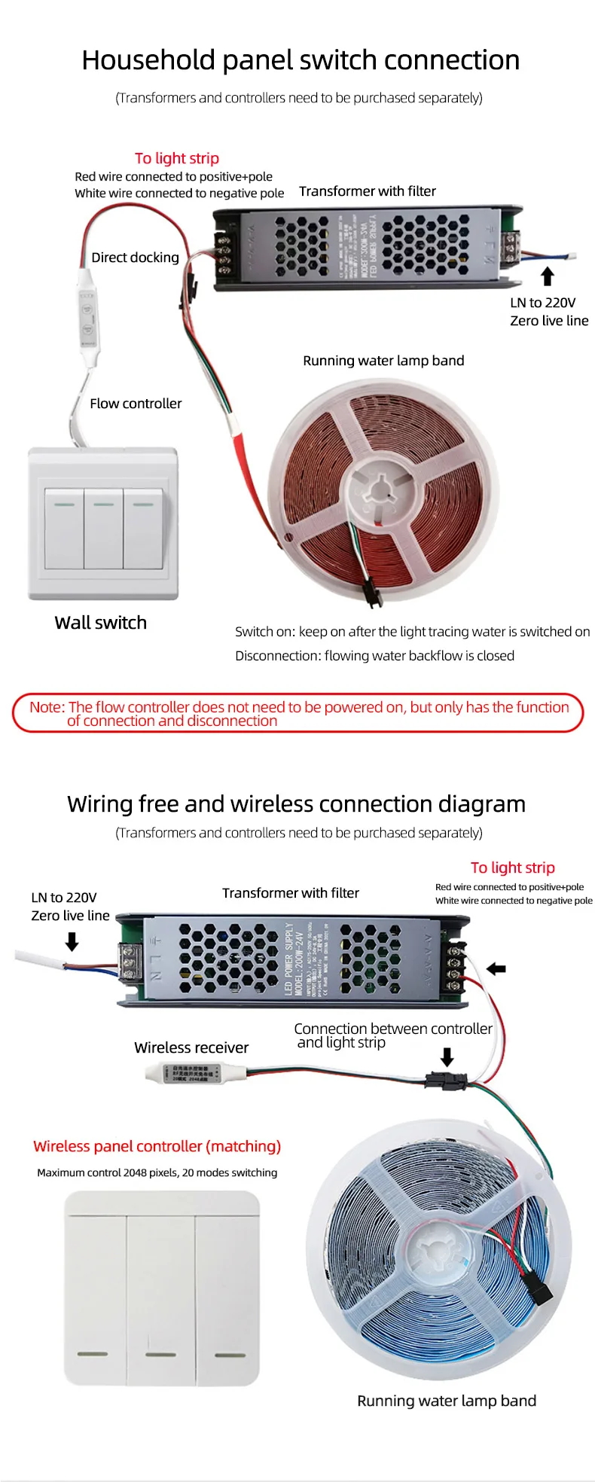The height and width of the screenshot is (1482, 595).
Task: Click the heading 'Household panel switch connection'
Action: tap(301, 60)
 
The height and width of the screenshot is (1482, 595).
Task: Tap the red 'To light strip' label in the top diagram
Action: tap(177, 158)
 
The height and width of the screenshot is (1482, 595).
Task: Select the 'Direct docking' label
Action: tap(135, 258)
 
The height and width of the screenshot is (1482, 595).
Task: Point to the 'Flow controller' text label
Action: tap(136, 404)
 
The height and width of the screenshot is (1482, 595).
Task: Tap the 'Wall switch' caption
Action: tap(100, 623)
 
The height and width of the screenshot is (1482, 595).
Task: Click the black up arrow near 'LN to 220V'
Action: tap(548, 276)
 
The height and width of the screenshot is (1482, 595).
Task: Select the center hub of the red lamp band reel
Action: tap(380, 494)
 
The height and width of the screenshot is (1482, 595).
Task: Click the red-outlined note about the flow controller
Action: tap(298, 713)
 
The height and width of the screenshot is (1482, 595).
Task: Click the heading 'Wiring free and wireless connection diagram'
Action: tap(296, 804)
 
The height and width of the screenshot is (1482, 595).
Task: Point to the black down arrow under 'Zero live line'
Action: tap(72, 941)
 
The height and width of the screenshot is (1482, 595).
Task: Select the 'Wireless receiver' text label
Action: tap(191, 1047)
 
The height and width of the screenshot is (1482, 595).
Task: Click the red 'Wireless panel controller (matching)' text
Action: tap(157, 1146)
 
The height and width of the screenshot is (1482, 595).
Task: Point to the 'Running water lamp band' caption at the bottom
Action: tap(447, 1401)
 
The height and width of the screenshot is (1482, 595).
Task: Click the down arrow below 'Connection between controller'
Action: tap(447, 1057)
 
